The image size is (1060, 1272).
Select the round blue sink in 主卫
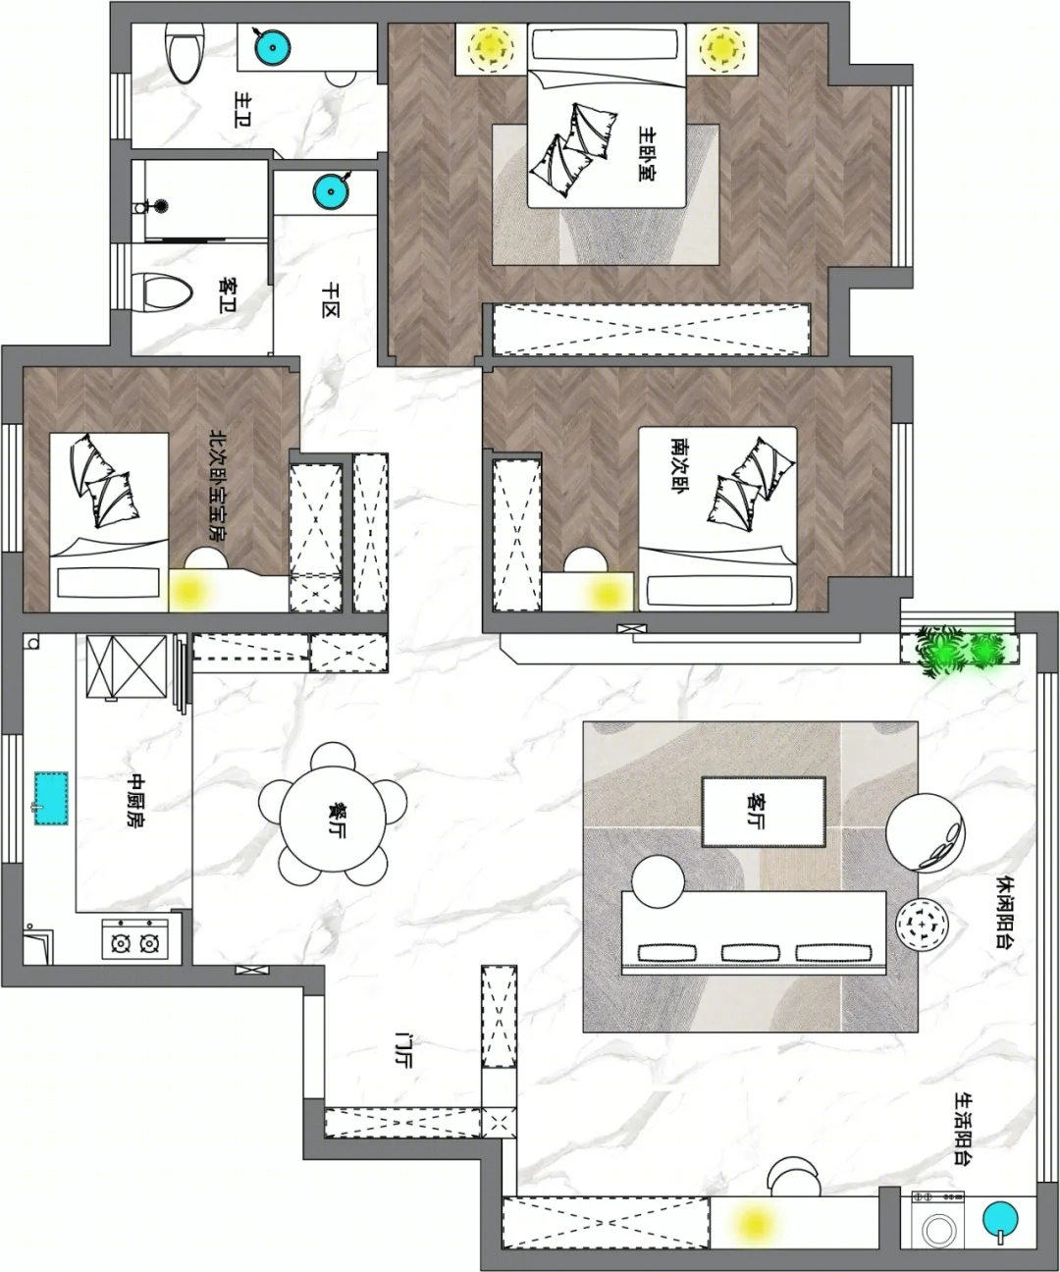point(272,47)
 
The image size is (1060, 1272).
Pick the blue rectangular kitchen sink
point(51,798)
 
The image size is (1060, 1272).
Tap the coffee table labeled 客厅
point(764,812)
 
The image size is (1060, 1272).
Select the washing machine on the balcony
point(937,1226)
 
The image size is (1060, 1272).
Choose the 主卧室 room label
point(647,153)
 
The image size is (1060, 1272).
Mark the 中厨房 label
point(135,799)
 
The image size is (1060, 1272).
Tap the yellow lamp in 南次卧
point(607,592)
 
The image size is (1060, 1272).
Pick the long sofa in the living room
point(754,932)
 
